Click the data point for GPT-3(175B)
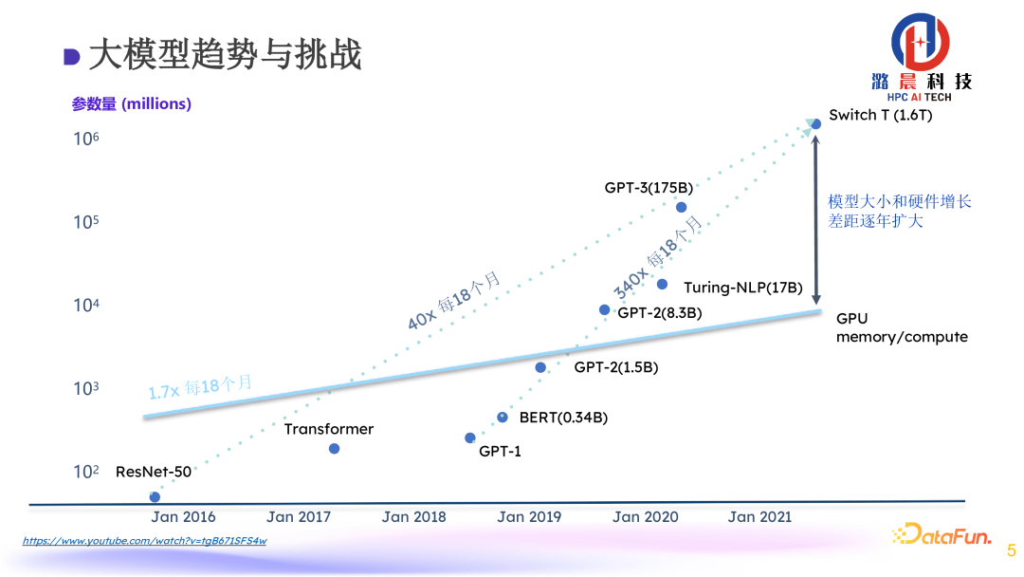681,207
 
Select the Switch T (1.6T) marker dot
815,123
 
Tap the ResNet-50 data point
155,496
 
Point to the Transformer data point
334,448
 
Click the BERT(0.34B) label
563,418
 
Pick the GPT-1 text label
500,452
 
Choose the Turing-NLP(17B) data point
662,284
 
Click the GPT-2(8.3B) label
660,311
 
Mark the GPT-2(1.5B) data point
540,367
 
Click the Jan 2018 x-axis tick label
413,517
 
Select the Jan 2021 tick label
759,517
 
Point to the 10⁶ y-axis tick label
86,140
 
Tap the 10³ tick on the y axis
86,389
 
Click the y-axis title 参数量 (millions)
131,104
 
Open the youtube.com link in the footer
144,541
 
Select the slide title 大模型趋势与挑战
224,55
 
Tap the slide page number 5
1011,549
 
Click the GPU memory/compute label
901,328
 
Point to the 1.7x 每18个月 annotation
200,388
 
